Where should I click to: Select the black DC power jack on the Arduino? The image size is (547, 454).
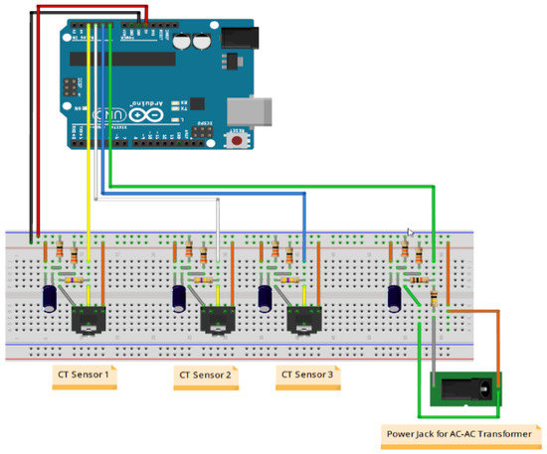coord(238,39)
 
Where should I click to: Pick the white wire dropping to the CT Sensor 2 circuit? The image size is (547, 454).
coord(217,224)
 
